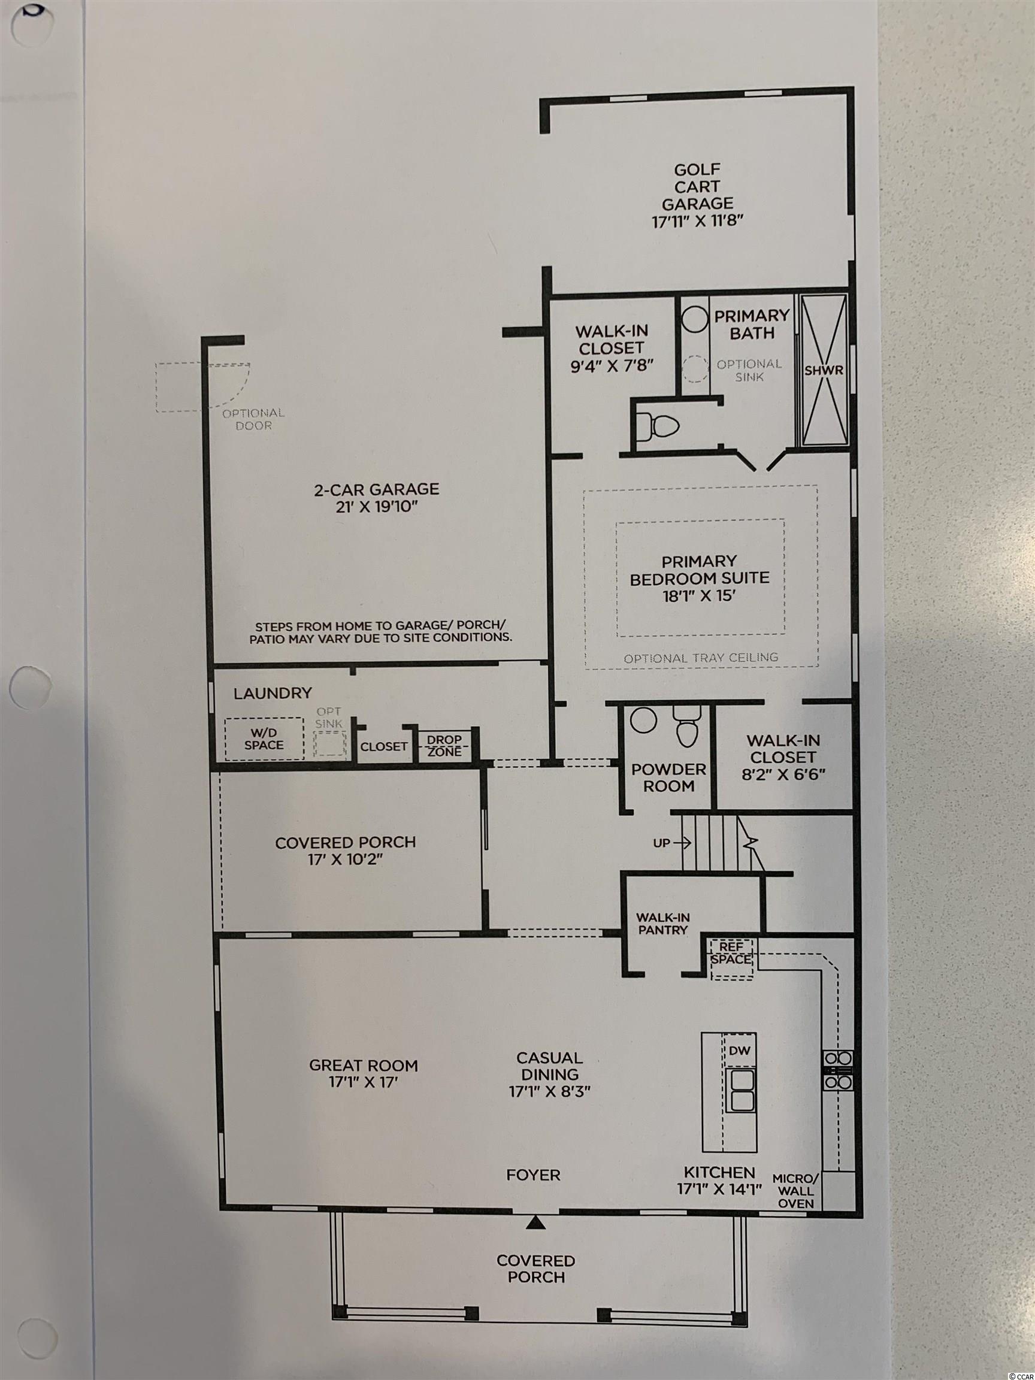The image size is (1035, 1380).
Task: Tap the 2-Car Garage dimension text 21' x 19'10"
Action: [376, 506]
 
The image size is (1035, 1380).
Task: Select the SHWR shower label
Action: [824, 370]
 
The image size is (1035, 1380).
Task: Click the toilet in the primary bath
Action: [661, 426]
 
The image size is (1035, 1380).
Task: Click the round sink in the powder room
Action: [643, 720]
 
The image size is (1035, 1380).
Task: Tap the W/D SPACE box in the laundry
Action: [265, 739]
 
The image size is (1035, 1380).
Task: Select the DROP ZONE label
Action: [444, 745]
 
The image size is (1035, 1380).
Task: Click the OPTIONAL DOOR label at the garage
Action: [254, 419]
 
